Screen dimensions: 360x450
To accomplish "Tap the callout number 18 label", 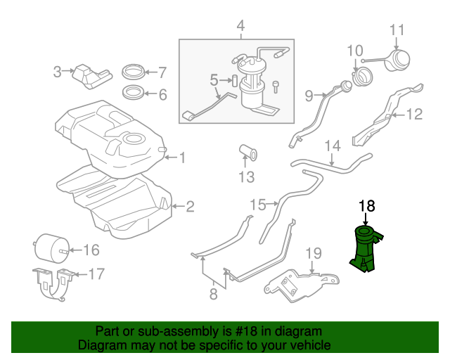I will pyautogui.click(x=368, y=206).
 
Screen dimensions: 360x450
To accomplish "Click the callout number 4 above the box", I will pyautogui.click(x=240, y=27).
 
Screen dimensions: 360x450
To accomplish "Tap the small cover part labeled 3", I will pyautogui.click(x=91, y=75).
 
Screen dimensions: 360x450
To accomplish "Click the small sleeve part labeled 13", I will pyautogui.click(x=247, y=153).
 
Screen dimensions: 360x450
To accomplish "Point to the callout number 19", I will pyautogui.click(x=314, y=253).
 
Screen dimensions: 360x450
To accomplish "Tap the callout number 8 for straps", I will pyautogui.click(x=214, y=295).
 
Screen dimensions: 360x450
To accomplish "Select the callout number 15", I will pyautogui.click(x=258, y=205).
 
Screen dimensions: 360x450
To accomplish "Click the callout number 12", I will pyautogui.click(x=413, y=113).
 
